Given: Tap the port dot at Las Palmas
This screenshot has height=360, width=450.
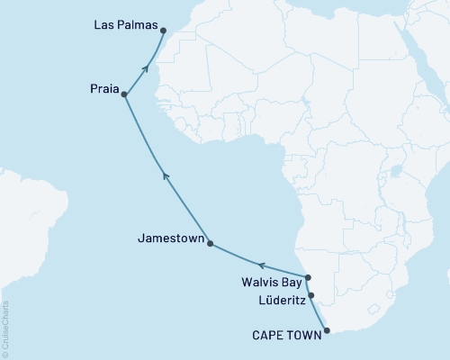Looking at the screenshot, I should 164,31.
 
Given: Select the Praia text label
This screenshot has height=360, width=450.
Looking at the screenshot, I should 102,89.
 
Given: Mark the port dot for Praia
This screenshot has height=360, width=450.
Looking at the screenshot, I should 124,94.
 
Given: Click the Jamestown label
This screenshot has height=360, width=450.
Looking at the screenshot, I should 168,240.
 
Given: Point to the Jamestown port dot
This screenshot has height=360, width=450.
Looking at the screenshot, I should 210,243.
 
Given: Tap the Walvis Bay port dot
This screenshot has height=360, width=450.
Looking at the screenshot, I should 307,278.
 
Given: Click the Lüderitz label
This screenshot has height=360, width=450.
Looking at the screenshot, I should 274,297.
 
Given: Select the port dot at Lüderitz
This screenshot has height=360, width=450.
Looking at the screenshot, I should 311,294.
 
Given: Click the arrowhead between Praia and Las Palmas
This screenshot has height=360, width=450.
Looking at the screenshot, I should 145,67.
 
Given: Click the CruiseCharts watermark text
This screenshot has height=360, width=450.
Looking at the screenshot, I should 5,328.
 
